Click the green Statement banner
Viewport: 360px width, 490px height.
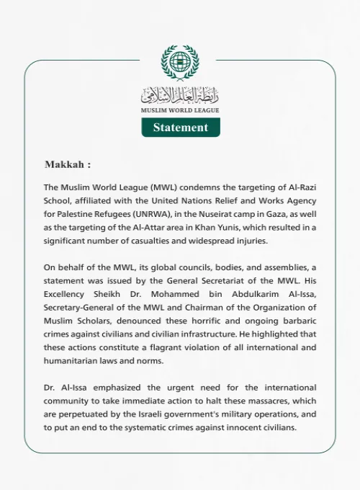tap(180, 128)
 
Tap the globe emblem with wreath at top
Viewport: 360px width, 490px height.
tap(180, 63)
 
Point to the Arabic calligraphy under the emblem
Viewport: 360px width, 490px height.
tap(180, 95)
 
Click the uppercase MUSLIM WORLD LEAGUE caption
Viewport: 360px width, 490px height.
tap(180, 110)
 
